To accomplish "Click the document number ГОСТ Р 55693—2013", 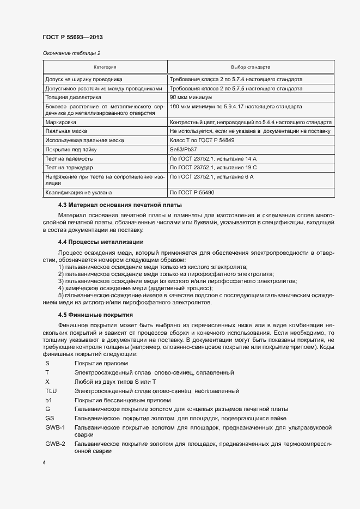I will tap(72, 37).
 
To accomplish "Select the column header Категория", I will tap(105, 67).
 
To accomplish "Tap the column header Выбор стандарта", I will tap(251, 67).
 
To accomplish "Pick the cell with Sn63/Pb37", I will tap(184, 149).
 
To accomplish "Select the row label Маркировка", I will tap(61, 122).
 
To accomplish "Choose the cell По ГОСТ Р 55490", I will tap(192, 192).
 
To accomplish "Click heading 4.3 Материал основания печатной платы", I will tap(120, 205).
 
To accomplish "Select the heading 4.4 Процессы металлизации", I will tap(101, 241).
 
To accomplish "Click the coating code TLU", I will tap(51, 391).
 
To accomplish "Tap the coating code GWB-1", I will tap(55, 427).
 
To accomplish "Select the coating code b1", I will tap(48, 400).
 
